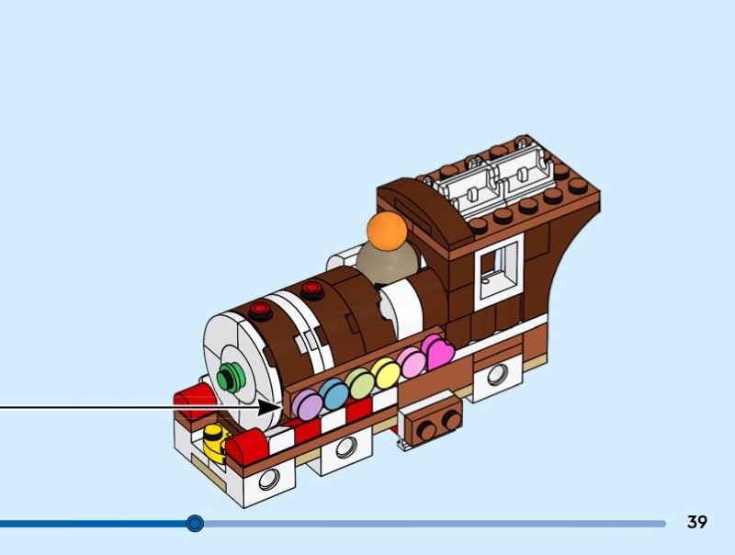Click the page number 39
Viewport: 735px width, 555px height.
(697, 523)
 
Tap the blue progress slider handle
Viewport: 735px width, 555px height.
(195, 523)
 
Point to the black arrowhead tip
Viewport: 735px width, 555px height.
(282, 406)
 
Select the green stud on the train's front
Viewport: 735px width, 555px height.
(231, 375)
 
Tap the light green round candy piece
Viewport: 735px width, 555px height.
(359, 383)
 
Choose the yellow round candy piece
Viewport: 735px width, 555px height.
(385, 372)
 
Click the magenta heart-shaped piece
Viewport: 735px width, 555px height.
(438, 352)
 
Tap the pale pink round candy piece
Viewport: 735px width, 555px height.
(411, 362)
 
